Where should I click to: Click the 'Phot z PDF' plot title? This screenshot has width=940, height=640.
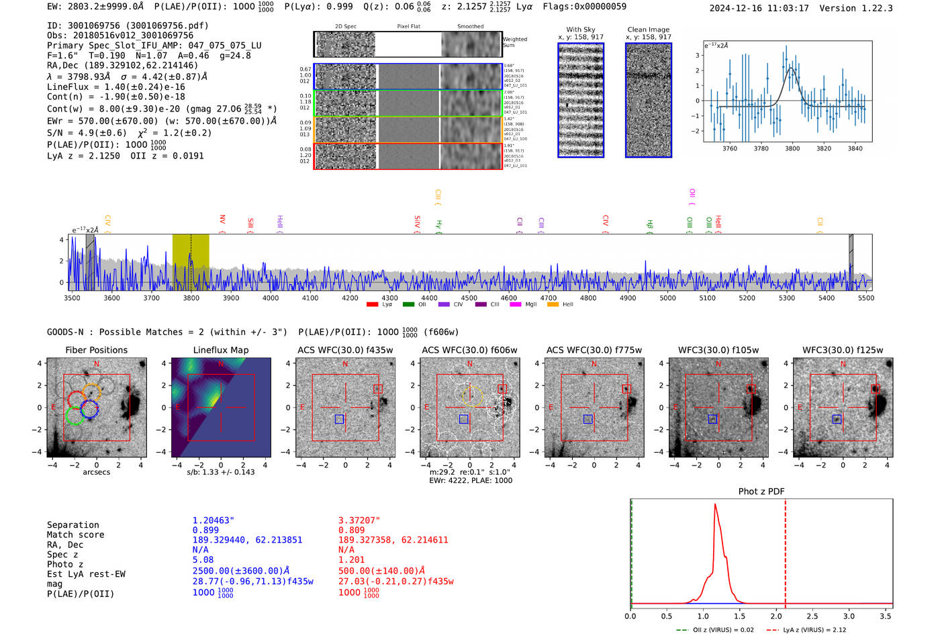click(761, 492)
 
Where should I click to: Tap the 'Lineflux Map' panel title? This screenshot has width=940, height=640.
click(220, 350)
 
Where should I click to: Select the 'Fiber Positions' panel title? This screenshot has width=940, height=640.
click(96, 350)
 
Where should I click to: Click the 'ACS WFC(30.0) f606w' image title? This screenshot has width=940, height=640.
click(469, 350)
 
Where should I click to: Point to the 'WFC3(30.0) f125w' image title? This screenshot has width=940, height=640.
click(843, 350)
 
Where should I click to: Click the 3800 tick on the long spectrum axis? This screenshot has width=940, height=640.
click(191, 298)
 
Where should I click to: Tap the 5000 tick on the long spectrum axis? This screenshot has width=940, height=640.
click(667, 298)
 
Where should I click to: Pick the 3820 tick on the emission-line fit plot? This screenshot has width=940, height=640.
click(823, 148)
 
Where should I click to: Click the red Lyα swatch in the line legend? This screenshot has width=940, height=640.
click(372, 305)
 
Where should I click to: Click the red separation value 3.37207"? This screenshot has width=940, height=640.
click(359, 520)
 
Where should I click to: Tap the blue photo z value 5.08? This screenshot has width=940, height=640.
click(203, 559)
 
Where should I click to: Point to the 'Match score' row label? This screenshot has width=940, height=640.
click(75, 535)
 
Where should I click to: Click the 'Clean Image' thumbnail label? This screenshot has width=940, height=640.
click(648, 30)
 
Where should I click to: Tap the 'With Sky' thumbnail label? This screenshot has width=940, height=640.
click(580, 30)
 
